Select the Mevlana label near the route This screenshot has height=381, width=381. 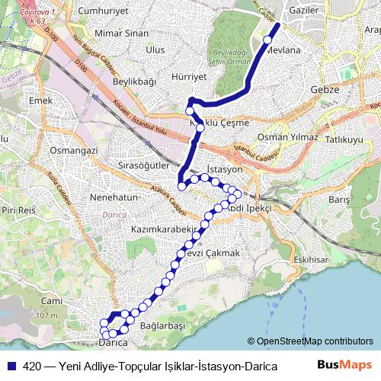tap(286, 51)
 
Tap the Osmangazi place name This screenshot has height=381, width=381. tap(74, 151)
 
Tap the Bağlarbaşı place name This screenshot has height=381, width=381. tap(164, 325)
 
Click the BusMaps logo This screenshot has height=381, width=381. tap(344, 365)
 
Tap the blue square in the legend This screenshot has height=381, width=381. tap(12, 366)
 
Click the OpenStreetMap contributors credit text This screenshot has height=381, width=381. tap(309, 341)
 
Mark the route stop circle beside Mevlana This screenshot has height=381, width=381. tap(267, 40)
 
